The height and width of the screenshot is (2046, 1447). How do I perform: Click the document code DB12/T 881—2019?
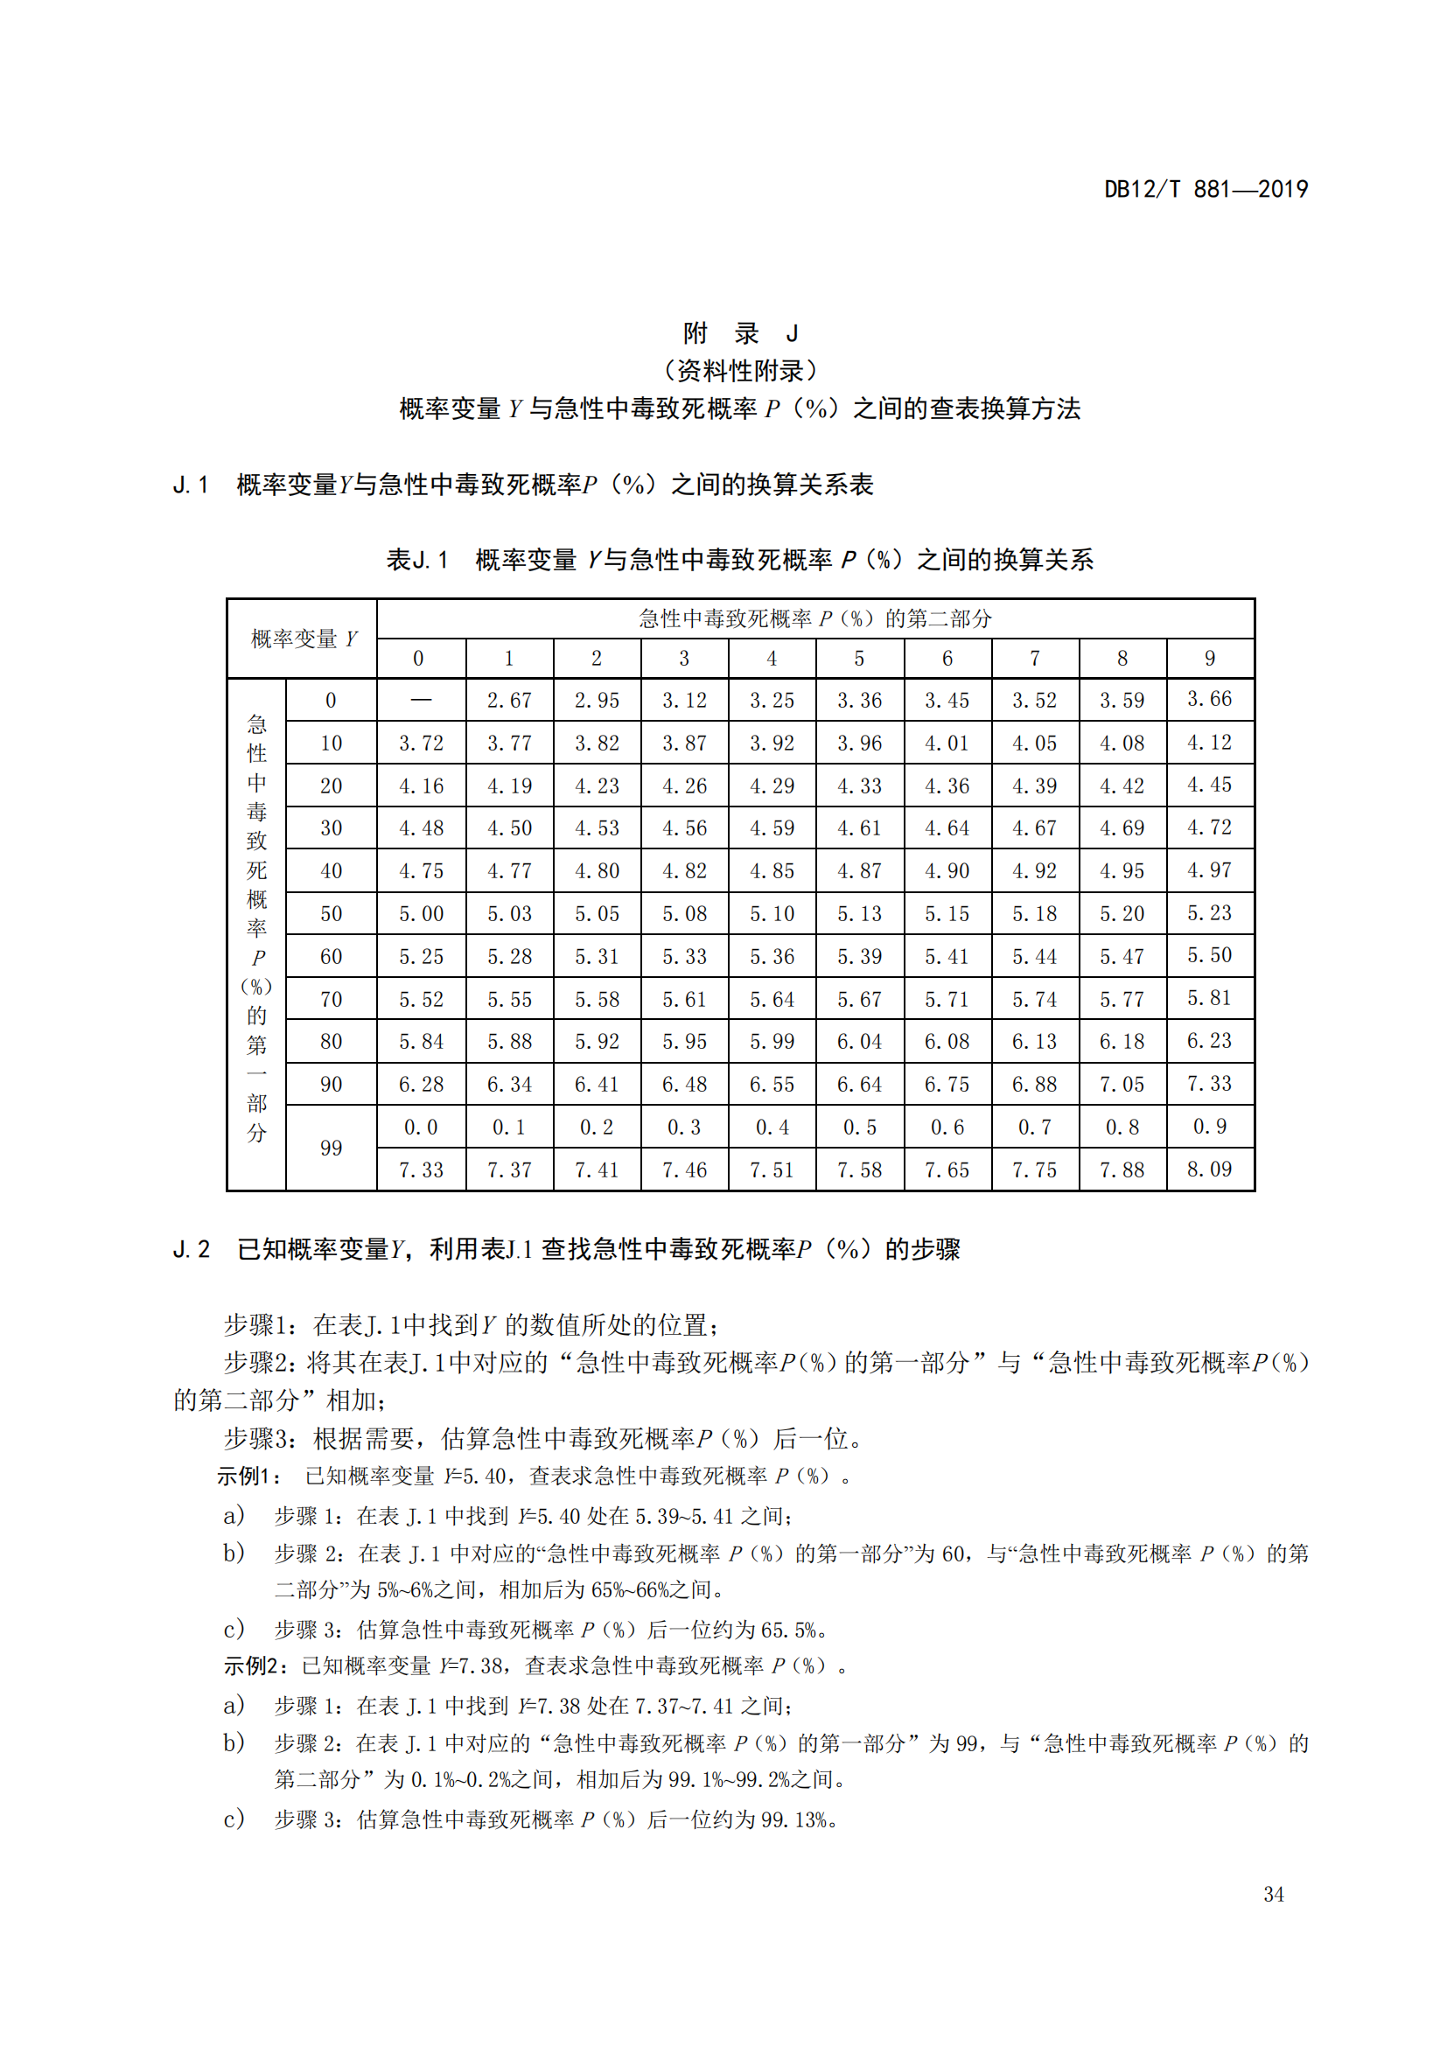[1206, 190]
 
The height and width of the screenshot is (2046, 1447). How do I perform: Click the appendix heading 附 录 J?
[739, 333]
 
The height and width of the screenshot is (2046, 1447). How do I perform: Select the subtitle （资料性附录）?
[739, 371]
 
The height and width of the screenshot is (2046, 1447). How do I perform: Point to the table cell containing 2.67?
[509, 701]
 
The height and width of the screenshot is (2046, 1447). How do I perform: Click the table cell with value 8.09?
[1209, 1170]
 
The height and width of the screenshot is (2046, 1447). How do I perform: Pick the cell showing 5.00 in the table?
[421, 913]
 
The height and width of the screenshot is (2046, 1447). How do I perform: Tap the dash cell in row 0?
[421, 701]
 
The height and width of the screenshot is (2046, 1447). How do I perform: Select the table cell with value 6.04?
[859, 1042]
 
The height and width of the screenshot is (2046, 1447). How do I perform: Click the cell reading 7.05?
[1122, 1085]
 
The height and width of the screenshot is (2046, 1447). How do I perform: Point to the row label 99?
[331, 1148]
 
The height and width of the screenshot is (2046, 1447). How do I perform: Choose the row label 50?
[331, 913]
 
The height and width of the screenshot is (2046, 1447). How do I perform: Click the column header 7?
[1034, 659]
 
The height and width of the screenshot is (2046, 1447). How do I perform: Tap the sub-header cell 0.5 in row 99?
[859, 1128]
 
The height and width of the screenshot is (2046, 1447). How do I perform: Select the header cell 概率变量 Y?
[303, 639]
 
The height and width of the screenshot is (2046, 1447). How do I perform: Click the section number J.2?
[192, 1249]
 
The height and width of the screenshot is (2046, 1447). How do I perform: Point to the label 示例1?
[248, 1477]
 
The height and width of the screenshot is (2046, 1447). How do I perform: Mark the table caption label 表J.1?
[417, 560]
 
